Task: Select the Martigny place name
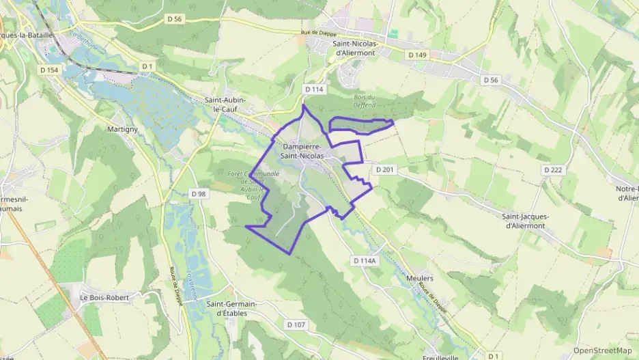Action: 123,128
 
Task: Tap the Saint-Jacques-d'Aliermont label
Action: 524,221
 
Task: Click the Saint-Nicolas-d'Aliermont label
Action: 355,48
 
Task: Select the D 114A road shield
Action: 365,260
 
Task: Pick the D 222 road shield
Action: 554,169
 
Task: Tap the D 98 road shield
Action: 198,194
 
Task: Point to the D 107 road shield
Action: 296,324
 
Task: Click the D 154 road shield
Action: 48,70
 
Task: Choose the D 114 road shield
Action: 313,89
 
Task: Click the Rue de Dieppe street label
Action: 319,33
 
